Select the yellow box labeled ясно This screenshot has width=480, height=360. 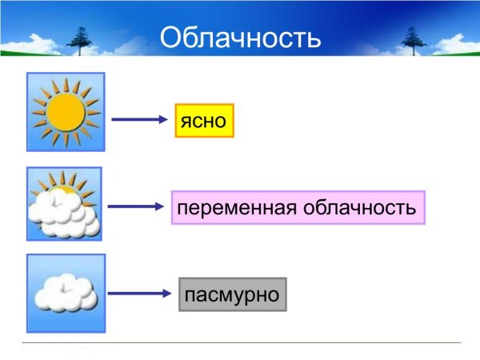204,121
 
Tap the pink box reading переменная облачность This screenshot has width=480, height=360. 297,208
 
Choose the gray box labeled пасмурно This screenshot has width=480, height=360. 231,294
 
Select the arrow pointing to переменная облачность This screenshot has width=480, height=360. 136,207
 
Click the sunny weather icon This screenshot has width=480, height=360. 65,112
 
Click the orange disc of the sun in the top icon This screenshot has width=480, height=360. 65,112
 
